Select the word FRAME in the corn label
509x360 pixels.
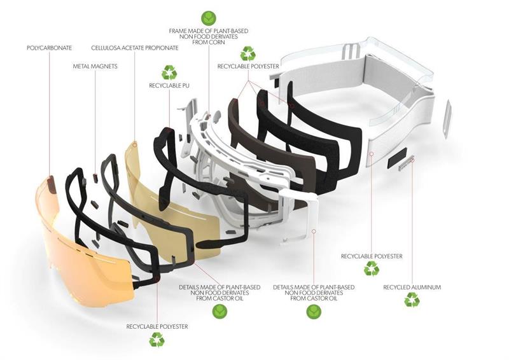[179, 30]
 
